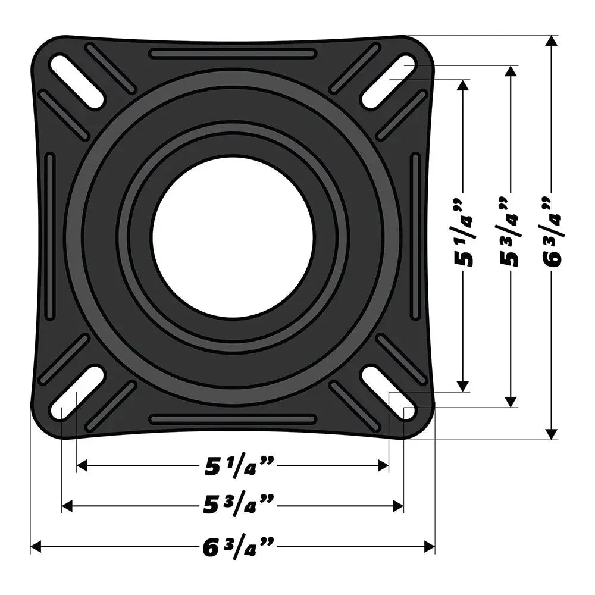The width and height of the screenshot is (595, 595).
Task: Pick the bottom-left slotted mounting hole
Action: [77, 393]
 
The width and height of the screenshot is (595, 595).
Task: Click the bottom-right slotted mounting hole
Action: [389, 393]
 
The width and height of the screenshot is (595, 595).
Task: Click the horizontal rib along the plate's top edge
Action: [233, 54]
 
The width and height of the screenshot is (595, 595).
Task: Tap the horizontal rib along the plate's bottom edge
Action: [233, 419]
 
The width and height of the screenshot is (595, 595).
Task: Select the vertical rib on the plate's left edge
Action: [50, 237]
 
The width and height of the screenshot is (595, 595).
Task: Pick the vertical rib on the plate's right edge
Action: [415, 237]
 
